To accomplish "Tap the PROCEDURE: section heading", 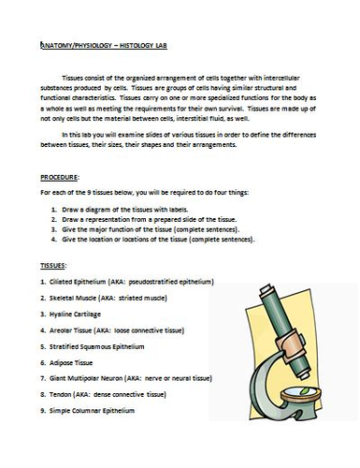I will pyautogui.click(x=63, y=177).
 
